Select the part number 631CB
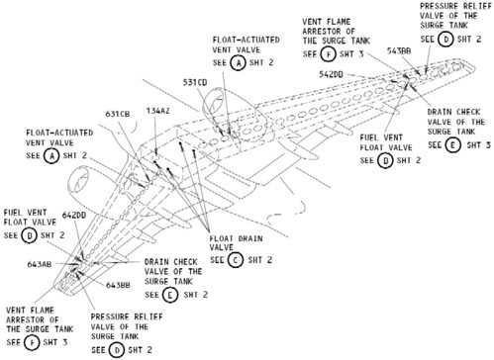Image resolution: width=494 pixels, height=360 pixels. point(119,114)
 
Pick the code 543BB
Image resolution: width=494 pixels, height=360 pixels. point(400,50)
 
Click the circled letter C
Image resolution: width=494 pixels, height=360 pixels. point(234,259)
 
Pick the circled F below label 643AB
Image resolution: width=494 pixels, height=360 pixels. point(34,341)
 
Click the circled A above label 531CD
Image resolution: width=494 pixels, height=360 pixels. point(239,61)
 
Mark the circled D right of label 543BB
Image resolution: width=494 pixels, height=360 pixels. point(445,39)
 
